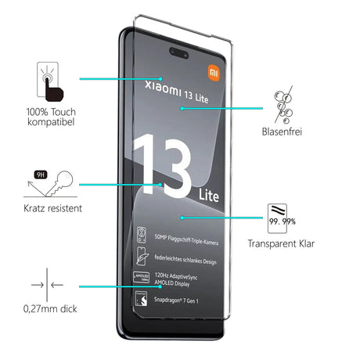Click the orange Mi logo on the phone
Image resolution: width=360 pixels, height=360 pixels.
coord(214,73)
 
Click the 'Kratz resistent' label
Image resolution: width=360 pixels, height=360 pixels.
coord(52,209)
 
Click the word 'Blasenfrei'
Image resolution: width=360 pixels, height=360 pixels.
coord(284,132)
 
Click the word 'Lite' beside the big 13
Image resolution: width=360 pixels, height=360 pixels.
coord(207,192)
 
